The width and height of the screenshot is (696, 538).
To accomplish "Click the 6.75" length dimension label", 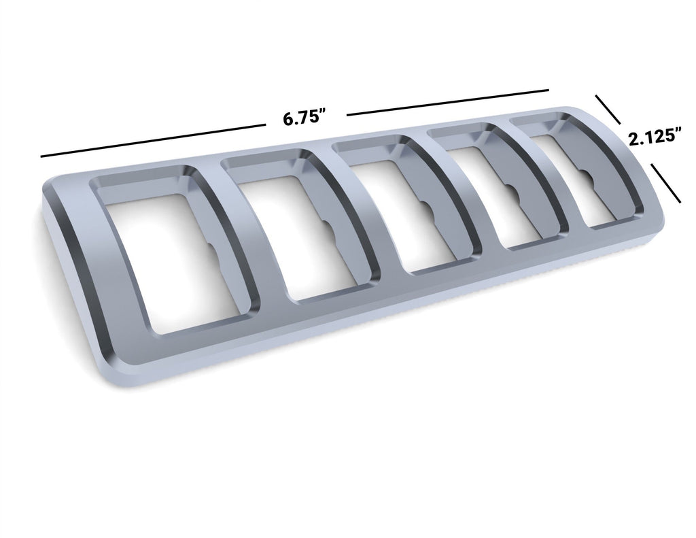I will [x=305, y=116].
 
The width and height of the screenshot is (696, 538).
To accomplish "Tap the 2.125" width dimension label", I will [x=655, y=137].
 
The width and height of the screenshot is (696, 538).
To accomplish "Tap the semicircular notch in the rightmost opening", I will [x=590, y=182].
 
